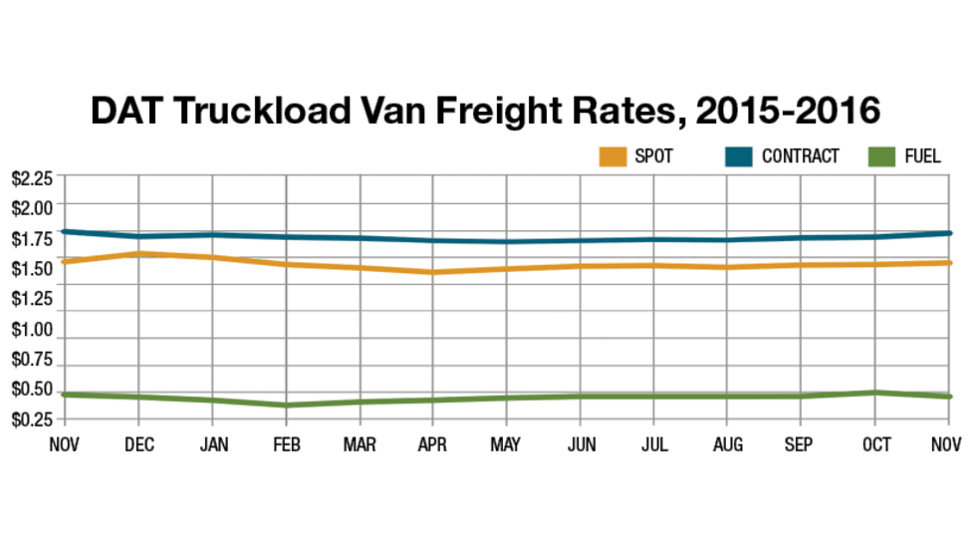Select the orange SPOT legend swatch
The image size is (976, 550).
pos(612,156)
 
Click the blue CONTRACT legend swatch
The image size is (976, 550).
pos(739,156)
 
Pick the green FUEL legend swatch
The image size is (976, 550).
pos(881,156)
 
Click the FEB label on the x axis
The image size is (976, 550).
pos(287,444)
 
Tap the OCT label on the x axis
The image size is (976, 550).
pos(877,444)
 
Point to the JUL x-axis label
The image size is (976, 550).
pos(655,444)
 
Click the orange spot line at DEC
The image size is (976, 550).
pos(138,254)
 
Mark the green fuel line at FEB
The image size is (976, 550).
pos(287,406)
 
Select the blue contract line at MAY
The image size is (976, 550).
pos(508,241)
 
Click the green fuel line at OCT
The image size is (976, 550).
pos(877,393)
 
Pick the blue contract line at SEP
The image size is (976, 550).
pos(804,237)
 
